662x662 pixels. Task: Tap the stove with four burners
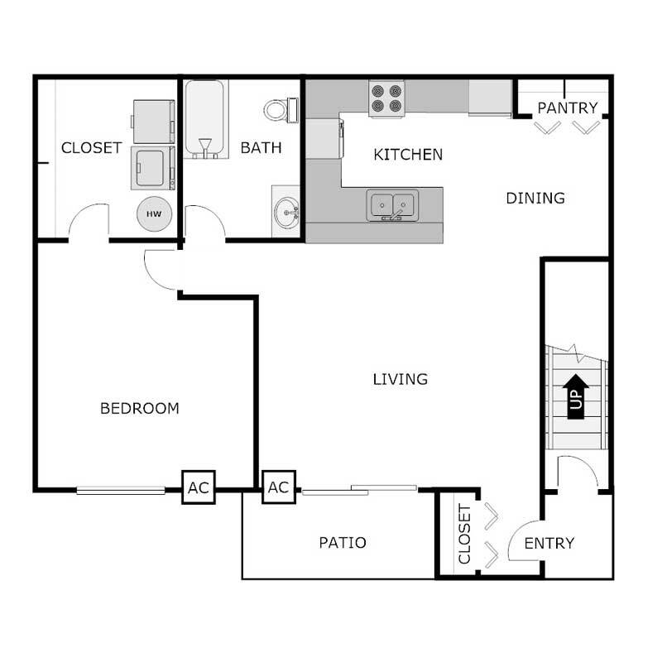point(386,98)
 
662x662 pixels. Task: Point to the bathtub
point(204,118)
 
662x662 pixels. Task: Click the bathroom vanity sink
point(286,212)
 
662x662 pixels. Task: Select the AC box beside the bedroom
point(199,487)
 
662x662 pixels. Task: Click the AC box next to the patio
point(279,487)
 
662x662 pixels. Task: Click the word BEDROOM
point(140,408)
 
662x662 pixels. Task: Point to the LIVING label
point(400,380)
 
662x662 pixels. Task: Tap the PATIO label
point(343,543)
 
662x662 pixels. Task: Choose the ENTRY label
point(549,543)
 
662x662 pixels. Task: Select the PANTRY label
point(568,108)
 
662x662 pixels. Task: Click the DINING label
point(535,198)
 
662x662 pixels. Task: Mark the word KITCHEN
point(408,155)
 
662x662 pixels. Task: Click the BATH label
point(261,148)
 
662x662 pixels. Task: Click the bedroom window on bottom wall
point(121,490)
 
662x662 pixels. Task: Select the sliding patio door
point(358,491)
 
